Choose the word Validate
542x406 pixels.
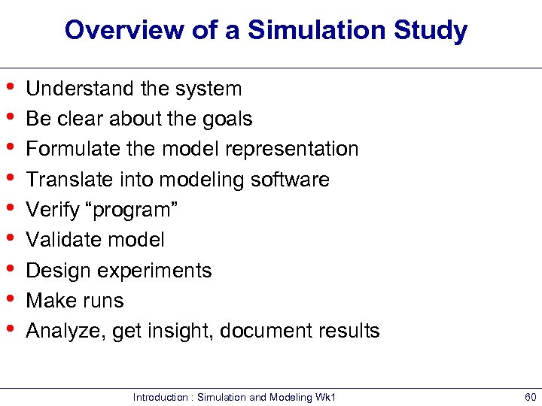[x=60, y=240]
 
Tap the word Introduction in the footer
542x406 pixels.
[x=160, y=397]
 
